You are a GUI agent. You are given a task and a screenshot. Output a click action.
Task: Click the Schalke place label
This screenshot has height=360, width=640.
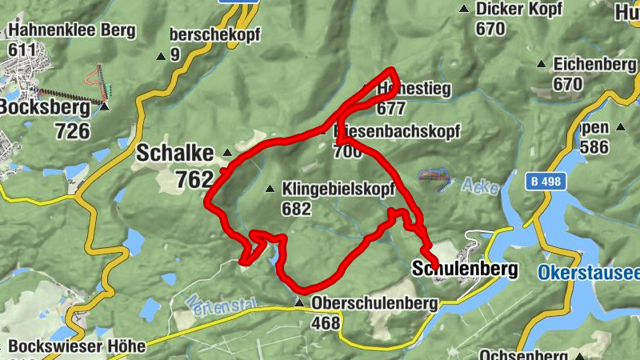point(174,152)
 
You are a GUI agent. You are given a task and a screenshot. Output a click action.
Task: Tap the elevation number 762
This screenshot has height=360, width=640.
point(194,180)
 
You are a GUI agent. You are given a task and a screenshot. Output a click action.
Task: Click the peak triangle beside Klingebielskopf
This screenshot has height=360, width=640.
point(270,190)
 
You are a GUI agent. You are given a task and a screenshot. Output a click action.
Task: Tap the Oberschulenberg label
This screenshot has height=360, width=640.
point(374,303)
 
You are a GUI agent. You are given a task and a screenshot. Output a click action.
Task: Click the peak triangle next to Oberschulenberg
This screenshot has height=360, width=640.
point(299,303)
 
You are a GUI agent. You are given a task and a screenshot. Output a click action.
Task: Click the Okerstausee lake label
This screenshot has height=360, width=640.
point(589,273)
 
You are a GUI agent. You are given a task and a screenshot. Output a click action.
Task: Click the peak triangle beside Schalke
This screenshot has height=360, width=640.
point(227,152)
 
